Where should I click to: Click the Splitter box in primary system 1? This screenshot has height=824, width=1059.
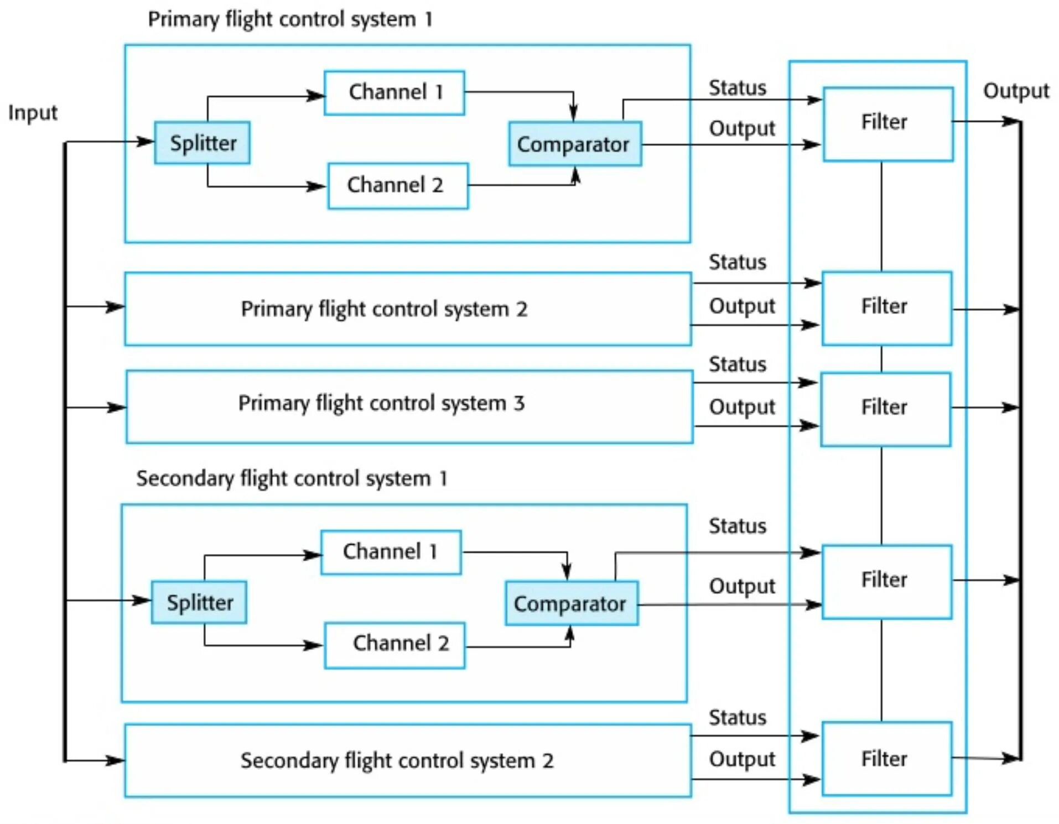pyautogui.click(x=202, y=143)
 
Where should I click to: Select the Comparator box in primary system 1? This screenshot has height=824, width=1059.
pyautogui.click(x=575, y=144)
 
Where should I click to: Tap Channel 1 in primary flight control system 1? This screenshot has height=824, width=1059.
pyautogui.click(x=394, y=92)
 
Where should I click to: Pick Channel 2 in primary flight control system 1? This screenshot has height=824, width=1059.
pyautogui.click(x=398, y=185)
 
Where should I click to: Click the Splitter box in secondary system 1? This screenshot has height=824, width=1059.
pyautogui.click(x=199, y=602)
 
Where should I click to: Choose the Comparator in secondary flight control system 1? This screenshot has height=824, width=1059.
pyautogui.click(x=572, y=603)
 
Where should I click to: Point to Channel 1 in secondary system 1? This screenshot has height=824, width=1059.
pyautogui.click(x=391, y=552)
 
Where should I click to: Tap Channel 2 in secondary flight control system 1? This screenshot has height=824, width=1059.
pyautogui.click(x=394, y=645)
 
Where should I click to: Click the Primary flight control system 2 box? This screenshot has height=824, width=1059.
pyautogui.click(x=408, y=309)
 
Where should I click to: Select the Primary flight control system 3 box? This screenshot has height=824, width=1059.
pyautogui.click(x=409, y=406)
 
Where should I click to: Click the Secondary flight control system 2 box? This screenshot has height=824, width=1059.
pyautogui.click(x=408, y=760)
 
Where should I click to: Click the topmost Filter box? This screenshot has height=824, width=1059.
pyautogui.click(x=888, y=124)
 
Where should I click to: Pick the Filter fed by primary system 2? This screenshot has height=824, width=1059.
pyautogui.click(x=887, y=308)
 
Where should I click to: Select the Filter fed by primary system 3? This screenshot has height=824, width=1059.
pyautogui.click(x=886, y=409)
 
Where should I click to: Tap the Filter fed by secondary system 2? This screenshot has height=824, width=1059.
pyautogui.click(x=887, y=759)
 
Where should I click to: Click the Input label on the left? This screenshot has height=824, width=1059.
pyautogui.click(x=33, y=113)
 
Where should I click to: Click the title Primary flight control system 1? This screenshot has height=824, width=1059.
pyautogui.click(x=290, y=19)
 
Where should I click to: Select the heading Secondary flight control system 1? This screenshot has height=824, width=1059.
pyautogui.click(x=292, y=478)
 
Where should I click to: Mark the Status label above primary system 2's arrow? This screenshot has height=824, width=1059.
pyautogui.click(x=738, y=262)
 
